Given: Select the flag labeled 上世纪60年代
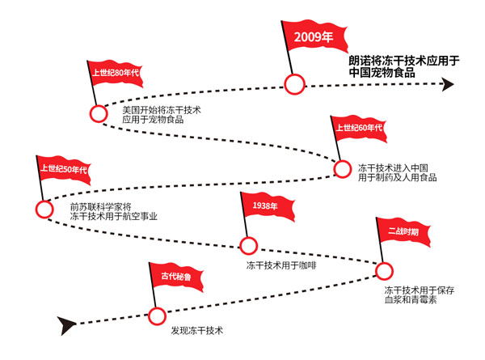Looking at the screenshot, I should [x=357, y=129].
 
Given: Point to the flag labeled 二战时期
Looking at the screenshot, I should [x=403, y=231].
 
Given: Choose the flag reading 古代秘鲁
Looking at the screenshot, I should [x=175, y=277].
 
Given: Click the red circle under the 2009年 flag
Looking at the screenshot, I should [x=295, y=83].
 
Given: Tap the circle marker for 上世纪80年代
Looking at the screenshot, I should [x=99, y=114].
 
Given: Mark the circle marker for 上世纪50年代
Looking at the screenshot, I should [x=44, y=209].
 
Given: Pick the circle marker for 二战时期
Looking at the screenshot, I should [x=385, y=271].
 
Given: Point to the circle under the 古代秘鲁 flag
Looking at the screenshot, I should [x=156, y=315].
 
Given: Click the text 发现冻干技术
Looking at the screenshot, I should [x=196, y=332].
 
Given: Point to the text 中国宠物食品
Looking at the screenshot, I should [x=382, y=72].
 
